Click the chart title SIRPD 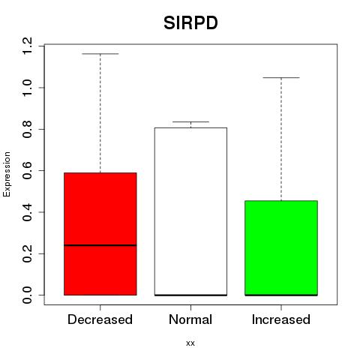tap(190, 23)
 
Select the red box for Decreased tap(100, 234)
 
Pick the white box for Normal tap(190, 211)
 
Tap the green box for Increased tap(281, 248)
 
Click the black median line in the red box tap(100, 245)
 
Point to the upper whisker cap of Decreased tap(100, 54)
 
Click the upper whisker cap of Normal tap(190, 121)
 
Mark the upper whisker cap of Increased tap(281, 78)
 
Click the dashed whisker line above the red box tap(100, 113)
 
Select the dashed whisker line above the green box tap(281, 139)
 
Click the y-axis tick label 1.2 tap(27, 46)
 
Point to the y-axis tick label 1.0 tap(27, 88)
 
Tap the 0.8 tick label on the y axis tap(27, 129)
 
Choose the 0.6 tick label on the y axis tap(27, 170)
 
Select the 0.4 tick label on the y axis tap(27, 212)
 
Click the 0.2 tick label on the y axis tap(27, 253)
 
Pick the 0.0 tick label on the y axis tap(27, 295)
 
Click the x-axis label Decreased tap(100, 319)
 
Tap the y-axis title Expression tap(7, 174)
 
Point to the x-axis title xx tap(190, 343)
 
